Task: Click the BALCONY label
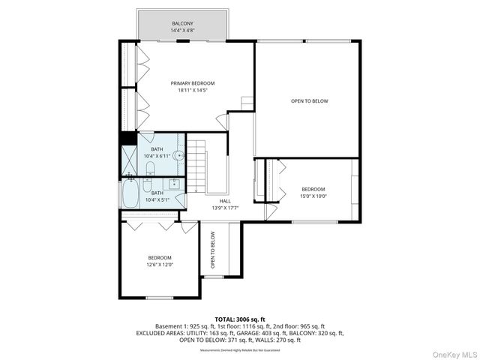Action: [182, 24]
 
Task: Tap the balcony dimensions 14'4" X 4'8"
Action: [182, 31]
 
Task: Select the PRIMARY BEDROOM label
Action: [193, 83]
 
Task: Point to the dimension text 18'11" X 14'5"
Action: [193, 91]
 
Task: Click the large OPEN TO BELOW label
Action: [310, 101]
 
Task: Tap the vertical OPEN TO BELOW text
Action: [213, 250]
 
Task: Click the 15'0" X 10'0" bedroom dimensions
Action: [313, 196]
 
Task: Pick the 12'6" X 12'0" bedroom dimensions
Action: [159, 264]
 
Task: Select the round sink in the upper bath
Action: [178, 156]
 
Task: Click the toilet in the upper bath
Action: [150, 167]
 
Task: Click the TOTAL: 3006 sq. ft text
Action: [240, 319]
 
